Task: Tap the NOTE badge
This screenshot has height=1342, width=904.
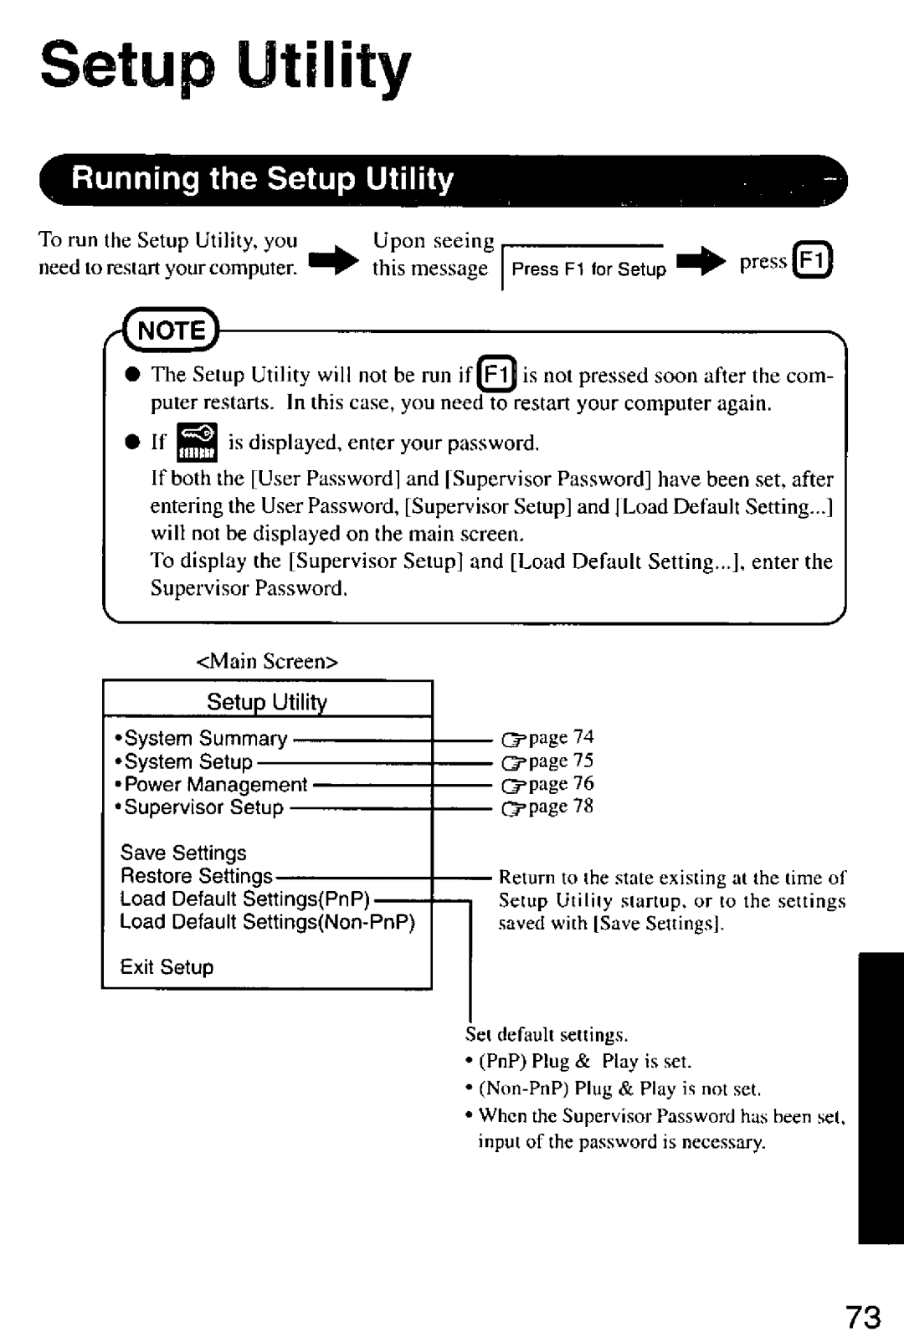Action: (x=172, y=330)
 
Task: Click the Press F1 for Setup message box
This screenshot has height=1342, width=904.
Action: (x=588, y=269)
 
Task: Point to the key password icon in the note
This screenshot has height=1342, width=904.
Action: (x=197, y=443)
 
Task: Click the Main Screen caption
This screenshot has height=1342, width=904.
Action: (x=267, y=661)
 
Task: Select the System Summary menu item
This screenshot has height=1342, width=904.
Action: (x=205, y=738)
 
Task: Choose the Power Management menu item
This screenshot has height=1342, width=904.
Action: (x=215, y=785)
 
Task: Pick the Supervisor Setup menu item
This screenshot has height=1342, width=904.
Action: (x=203, y=807)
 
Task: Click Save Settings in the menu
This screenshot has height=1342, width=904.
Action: (x=183, y=853)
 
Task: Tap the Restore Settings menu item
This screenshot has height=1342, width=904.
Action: (x=197, y=876)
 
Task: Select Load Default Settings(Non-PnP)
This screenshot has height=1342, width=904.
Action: (x=267, y=922)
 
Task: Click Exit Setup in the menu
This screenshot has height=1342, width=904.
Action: (x=167, y=967)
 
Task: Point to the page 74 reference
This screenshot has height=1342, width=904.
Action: (x=548, y=738)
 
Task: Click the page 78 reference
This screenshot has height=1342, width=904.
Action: (x=548, y=807)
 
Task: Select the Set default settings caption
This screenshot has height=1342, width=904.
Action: (x=546, y=1036)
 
